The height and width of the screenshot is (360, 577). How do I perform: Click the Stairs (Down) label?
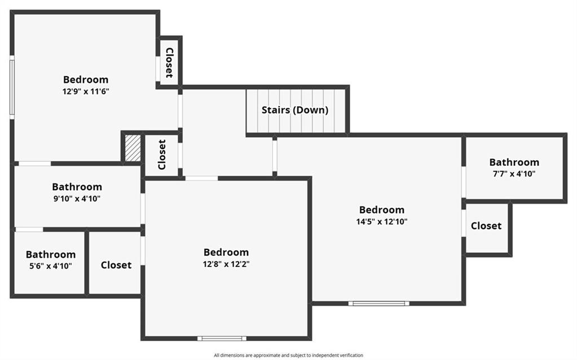295,109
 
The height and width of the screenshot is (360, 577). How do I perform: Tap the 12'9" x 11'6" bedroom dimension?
86,91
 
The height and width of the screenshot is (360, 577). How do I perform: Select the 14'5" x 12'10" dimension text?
382,222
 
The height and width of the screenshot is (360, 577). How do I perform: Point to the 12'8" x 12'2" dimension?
226,264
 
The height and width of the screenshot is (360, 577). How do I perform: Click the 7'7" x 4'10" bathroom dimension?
514,174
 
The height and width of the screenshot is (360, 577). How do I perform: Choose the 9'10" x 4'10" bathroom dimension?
77,199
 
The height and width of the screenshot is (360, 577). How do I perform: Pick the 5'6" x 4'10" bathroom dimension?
51,266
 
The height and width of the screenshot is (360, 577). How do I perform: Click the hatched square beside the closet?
133,148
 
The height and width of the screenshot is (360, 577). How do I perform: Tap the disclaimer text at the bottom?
289,355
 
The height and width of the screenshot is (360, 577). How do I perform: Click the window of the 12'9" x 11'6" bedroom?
12,87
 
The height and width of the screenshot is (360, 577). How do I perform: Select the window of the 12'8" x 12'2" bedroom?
222,339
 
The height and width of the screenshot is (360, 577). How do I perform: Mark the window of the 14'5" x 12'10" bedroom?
378,304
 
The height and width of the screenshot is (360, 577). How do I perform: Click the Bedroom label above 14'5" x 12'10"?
382,210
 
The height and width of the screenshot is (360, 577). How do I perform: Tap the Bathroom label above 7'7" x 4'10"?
514,163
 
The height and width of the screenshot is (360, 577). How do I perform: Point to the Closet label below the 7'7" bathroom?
486,226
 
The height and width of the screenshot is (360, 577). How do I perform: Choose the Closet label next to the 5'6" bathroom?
116,265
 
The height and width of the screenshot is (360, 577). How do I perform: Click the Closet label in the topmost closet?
169,63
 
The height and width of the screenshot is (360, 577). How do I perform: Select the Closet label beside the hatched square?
161,155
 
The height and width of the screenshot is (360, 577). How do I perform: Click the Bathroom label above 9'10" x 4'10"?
77,187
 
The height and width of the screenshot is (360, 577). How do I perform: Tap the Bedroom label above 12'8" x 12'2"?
226,252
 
